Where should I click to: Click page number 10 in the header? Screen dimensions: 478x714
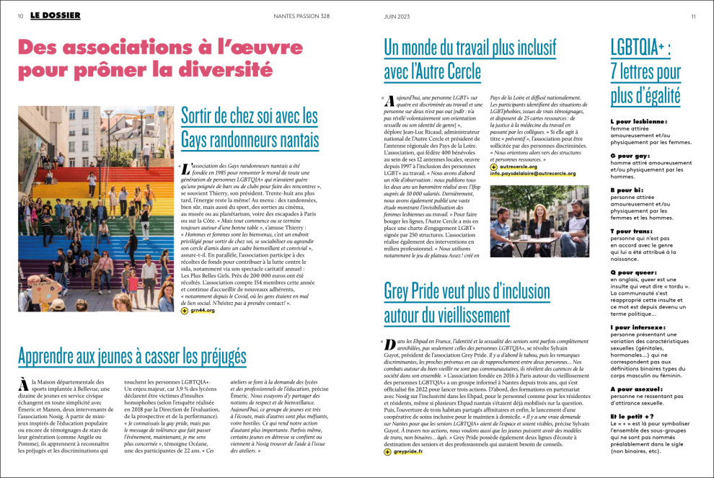click(x=20, y=16)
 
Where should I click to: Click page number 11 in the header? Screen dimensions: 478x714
click(x=693, y=16)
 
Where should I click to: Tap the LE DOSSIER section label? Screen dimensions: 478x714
click(x=56, y=16)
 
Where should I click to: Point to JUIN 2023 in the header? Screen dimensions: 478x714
click(x=398, y=16)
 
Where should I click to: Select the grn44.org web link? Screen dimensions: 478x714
click(x=204, y=311)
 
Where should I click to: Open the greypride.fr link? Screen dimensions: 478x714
click(x=408, y=452)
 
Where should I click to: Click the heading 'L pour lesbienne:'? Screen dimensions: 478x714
click(x=638, y=122)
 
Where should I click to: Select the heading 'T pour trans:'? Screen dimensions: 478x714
click(x=634, y=231)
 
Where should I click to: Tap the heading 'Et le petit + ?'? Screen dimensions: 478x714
click(x=632, y=416)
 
